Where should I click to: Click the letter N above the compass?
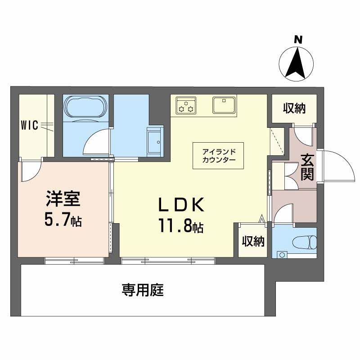297,40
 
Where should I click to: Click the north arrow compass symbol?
297,64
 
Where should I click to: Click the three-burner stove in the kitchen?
186,105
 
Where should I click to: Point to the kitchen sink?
223,105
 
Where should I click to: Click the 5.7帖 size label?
63,220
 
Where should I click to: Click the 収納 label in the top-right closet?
294,108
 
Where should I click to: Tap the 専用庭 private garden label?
142,290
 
